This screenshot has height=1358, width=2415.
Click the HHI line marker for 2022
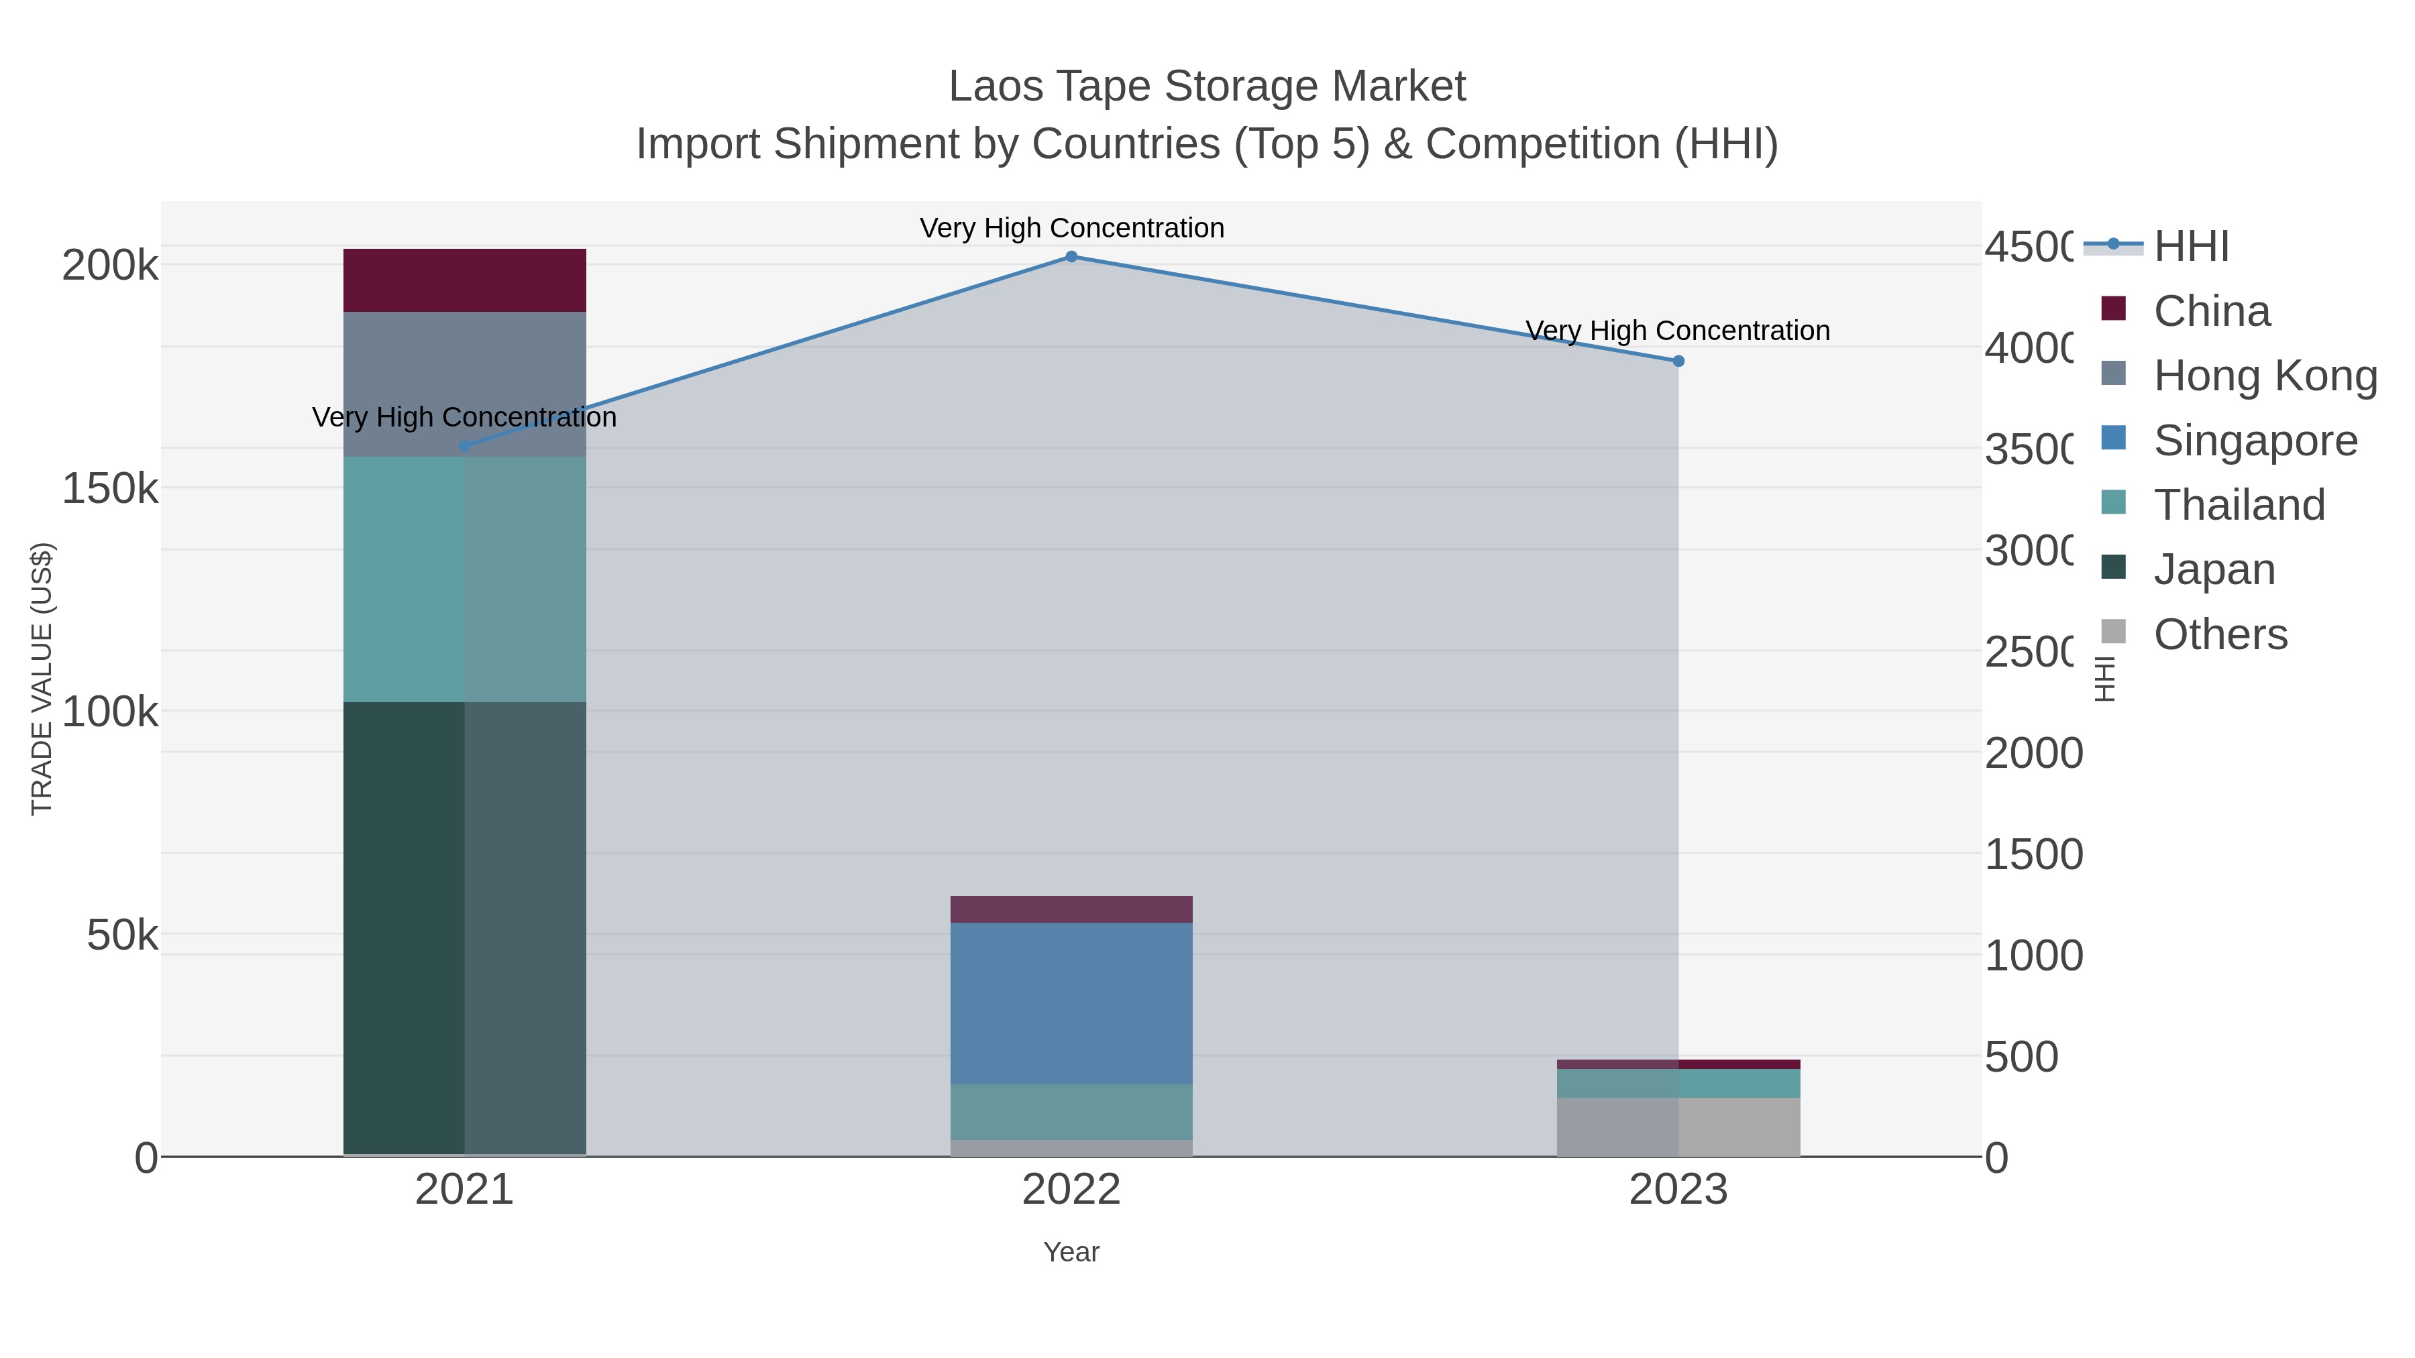pyautogui.click(x=1071, y=257)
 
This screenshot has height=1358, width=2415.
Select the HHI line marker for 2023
pyautogui.click(x=1678, y=361)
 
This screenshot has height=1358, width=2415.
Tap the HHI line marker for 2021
pyautogui.click(x=464, y=446)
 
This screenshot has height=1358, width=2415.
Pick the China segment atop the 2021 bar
pyautogui.click(x=464, y=280)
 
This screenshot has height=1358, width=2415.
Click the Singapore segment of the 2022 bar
pyautogui.click(x=1071, y=1003)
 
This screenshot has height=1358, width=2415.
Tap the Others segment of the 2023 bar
pyautogui.click(x=1678, y=1127)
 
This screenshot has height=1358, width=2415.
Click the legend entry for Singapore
pyautogui.click(x=2255, y=441)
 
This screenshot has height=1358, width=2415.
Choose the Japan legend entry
pyautogui.click(x=2214, y=569)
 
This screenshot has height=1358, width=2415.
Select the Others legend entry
pyautogui.click(x=2220, y=634)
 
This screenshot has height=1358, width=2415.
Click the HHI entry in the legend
pyautogui.click(x=2190, y=247)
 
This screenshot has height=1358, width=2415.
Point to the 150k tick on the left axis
pyautogui.click(x=110, y=488)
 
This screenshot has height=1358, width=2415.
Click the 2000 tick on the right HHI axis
pyautogui.click(x=2033, y=754)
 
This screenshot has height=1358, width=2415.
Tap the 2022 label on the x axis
pyautogui.click(x=1071, y=1190)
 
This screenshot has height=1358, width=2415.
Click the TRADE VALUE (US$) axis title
pyautogui.click(x=42, y=679)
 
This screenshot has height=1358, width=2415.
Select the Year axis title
pyautogui.click(x=1071, y=1252)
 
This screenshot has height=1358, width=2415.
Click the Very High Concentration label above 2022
pyautogui.click(x=1071, y=228)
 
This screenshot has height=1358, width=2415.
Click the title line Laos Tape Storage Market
pyautogui.click(x=1207, y=87)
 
